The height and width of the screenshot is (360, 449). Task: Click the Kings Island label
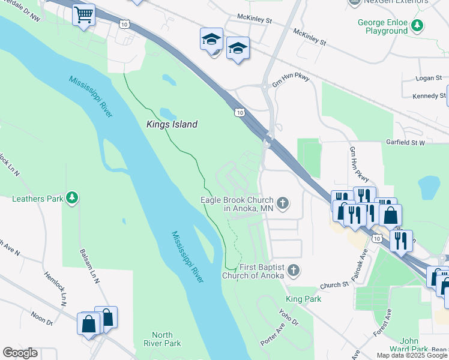pos(172,125)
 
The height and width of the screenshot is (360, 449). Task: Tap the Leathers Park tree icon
pos(72,197)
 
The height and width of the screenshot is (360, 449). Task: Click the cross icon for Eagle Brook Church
pos(283,204)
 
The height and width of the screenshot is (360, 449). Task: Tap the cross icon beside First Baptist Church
pos(294,271)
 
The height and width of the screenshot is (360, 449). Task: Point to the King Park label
pos(303,299)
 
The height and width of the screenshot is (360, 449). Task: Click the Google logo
pos(20,353)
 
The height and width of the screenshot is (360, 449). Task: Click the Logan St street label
pos(429,78)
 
